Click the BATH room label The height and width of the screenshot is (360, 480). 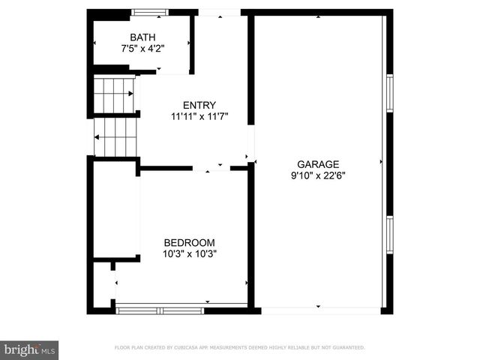(142, 37)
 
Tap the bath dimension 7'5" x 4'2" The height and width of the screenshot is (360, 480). (142, 48)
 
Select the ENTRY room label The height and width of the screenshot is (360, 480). (199, 105)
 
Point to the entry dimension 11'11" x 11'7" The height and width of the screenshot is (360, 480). (199, 116)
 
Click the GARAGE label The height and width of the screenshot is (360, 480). (318, 164)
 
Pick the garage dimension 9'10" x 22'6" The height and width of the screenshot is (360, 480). (318, 175)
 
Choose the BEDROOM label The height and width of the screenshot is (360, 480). (190, 242)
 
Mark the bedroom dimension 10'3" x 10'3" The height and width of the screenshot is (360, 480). (190, 253)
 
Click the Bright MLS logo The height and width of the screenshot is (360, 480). (30, 349)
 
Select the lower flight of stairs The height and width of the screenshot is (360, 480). (114, 137)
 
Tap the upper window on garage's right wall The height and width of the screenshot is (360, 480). (389, 94)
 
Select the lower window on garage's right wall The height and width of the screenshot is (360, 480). (389, 235)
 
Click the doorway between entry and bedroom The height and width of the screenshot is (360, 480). (211, 169)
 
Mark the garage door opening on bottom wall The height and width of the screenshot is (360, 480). (319, 309)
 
